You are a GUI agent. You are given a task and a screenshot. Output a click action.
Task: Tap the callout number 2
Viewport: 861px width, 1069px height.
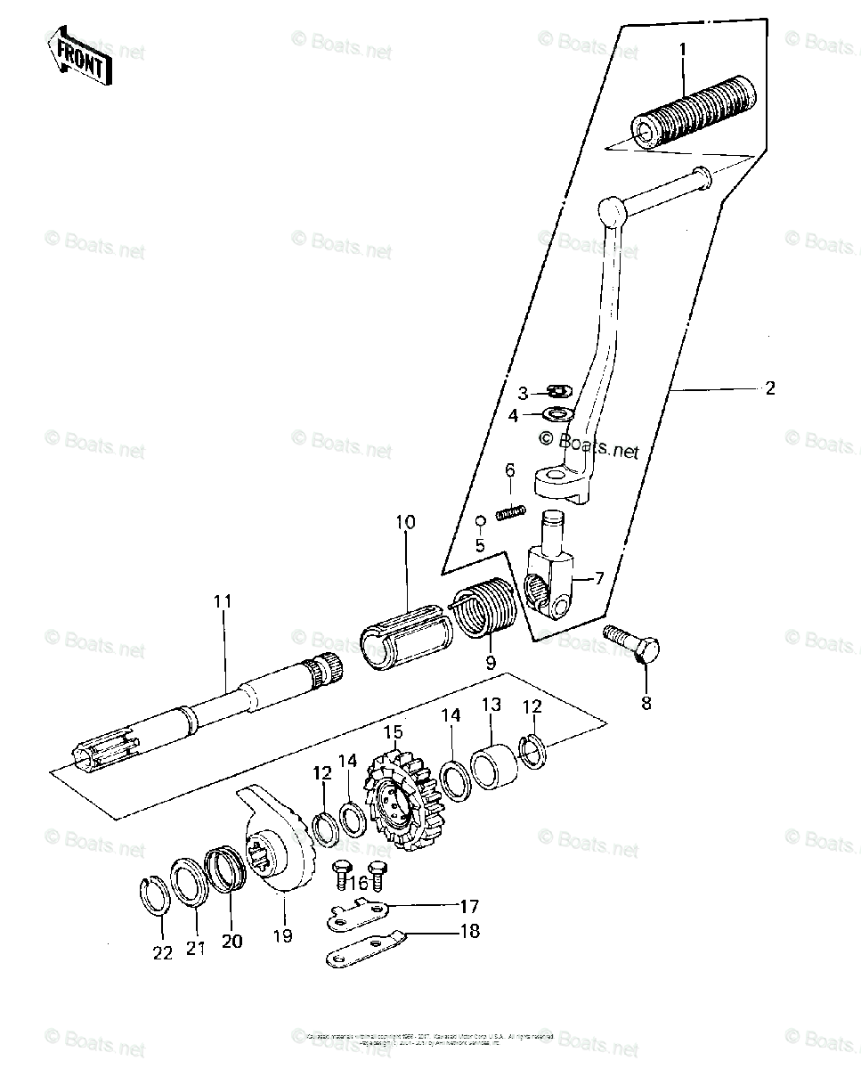[x=770, y=388]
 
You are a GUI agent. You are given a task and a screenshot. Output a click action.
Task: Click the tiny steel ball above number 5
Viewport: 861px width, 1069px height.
[x=479, y=520]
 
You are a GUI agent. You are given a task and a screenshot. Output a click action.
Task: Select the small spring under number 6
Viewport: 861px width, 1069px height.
[x=509, y=514]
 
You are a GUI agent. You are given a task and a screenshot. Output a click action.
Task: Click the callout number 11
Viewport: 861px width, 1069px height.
[x=222, y=601]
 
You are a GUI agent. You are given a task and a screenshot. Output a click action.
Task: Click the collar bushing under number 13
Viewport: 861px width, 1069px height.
[x=492, y=765]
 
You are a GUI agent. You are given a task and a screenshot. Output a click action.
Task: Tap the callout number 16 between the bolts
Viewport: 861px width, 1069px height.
[x=359, y=882]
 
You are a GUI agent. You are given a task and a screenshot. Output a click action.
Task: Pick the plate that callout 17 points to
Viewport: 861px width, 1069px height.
[x=360, y=915]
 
